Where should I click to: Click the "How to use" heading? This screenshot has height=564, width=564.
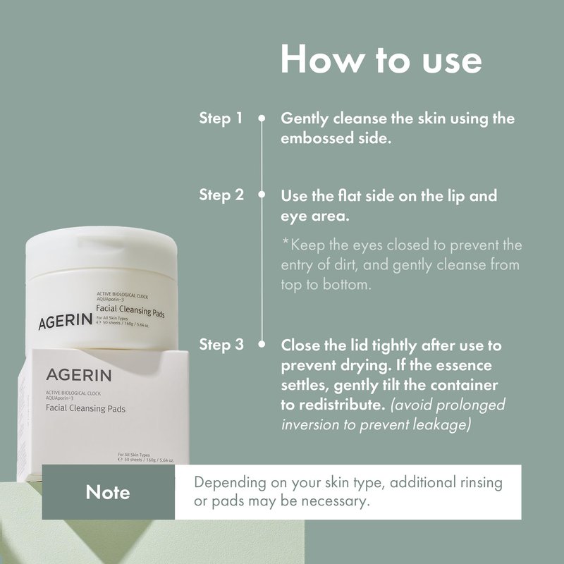(381, 59)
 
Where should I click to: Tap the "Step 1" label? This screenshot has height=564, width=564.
(221, 118)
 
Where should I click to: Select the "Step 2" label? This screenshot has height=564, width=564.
(221, 195)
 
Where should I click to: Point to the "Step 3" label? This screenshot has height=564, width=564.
(221, 344)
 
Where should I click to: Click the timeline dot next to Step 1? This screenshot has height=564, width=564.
(262, 118)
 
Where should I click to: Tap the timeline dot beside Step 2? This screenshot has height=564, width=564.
(262, 195)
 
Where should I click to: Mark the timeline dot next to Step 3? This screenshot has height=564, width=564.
(262, 344)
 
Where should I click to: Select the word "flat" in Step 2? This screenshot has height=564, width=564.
(350, 196)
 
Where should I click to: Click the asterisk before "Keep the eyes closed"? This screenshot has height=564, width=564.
(286, 242)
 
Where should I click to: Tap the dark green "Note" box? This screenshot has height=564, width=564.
(109, 491)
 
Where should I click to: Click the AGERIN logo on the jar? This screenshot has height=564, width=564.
(65, 321)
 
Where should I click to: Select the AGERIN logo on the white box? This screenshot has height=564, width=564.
(79, 375)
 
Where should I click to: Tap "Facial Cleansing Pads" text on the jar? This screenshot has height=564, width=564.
(130, 311)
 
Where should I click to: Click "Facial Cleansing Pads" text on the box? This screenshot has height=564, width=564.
(85, 408)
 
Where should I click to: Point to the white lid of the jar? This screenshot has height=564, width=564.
(102, 250)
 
